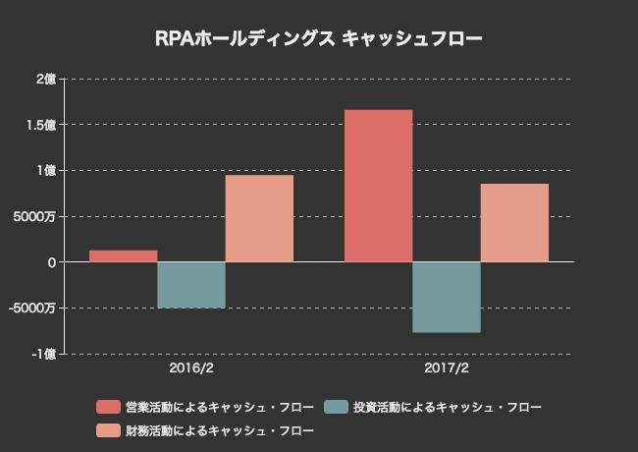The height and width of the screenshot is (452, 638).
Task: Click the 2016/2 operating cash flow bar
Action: tap(123, 255)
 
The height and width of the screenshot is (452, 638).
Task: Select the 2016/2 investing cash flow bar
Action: tap(191, 285)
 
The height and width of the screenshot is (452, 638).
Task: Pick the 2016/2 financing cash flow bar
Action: tap(259, 218)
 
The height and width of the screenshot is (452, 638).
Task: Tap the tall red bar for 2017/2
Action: tap(378, 186)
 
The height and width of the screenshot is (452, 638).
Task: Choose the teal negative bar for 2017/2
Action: tap(447, 298)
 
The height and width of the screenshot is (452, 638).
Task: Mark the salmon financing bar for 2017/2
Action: tap(514, 223)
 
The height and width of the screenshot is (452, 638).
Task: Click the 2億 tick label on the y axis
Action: tap(46, 80)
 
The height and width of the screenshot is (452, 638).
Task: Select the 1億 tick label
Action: tap(46, 171)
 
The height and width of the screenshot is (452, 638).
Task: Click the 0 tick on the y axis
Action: tap(51, 262)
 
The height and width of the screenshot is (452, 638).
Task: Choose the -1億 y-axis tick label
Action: tap(44, 354)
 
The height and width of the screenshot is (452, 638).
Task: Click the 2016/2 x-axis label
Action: tap(191, 370)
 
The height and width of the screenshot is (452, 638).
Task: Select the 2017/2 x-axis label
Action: tap(447, 370)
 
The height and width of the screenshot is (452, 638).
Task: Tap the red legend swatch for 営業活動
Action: tap(107, 407)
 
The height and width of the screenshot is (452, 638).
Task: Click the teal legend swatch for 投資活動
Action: tap(336, 407)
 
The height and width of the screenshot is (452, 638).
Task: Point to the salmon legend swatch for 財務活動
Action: tap(107, 430)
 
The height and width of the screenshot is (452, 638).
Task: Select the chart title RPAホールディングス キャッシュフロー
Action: tap(319, 39)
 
